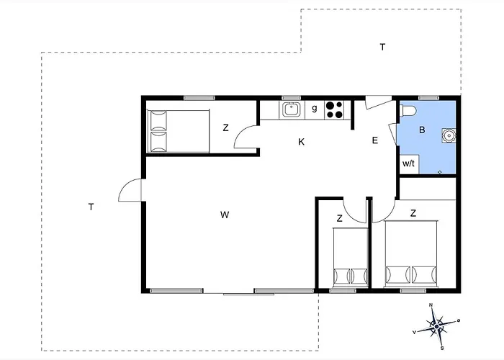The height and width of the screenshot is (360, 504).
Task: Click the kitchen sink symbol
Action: (292, 109)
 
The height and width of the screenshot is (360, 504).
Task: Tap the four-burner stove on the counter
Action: (334, 110)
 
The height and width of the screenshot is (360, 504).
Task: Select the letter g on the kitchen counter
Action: (315, 108)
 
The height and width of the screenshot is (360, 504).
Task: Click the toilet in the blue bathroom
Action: (408, 111)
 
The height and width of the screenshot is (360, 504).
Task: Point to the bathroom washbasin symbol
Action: (449, 135)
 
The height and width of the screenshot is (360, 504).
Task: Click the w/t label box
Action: (408, 164)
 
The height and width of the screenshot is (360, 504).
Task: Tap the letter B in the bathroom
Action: (422, 130)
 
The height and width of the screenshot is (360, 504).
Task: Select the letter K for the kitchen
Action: (301, 142)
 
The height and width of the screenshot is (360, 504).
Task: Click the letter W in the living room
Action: (225, 215)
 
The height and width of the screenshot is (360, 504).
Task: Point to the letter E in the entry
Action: (375, 140)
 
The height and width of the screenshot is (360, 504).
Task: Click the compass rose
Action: (436, 327)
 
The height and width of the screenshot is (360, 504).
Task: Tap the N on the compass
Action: (431, 305)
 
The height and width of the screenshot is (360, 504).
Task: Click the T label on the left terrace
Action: (91, 207)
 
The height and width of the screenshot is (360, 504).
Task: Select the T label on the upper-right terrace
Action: (382, 48)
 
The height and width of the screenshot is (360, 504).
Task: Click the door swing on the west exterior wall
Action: (130, 190)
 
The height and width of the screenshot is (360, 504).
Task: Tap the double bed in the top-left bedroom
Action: (178, 131)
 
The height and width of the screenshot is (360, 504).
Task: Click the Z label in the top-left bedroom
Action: (225, 128)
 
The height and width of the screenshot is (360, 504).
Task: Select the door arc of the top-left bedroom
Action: (246, 137)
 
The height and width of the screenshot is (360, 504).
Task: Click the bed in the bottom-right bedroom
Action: (411, 253)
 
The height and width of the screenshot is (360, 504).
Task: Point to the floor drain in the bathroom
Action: (440, 172)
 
